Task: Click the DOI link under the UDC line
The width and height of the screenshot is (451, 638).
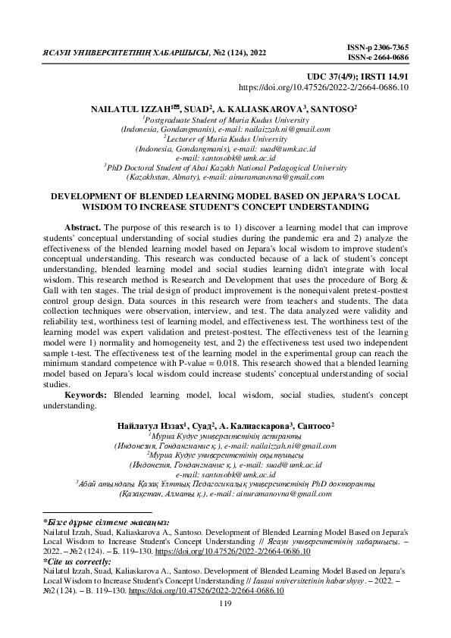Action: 324,88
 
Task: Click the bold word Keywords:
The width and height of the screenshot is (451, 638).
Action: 86,396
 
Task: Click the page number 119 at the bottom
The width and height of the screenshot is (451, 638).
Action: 224,603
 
